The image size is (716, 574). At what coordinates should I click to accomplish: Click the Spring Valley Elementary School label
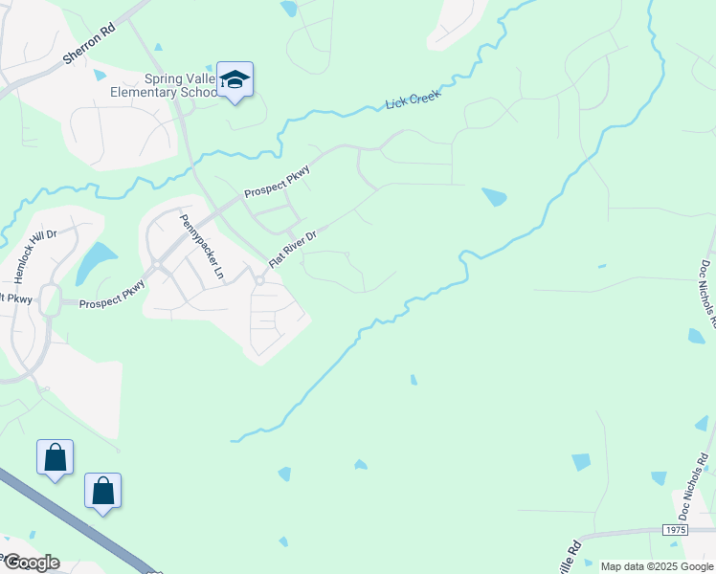click(x=179, y=85)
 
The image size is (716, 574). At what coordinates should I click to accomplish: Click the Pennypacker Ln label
click(x=201, y=247)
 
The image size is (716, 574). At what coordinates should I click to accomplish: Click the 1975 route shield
click(x=674, y=529)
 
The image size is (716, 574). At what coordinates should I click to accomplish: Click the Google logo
click(x=31, y=563)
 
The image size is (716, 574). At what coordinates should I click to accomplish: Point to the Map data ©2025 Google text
click(x=656, y=566)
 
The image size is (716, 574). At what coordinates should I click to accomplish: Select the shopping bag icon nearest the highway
click(x=103, y=492)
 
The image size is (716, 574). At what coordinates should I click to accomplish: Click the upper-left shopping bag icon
click(x=56, y=458)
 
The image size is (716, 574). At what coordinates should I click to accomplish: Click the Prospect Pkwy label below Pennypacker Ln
click(x=113, y=296)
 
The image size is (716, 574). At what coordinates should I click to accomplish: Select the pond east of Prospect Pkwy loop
click(x=494, y=197)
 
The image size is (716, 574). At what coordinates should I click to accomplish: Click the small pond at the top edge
click(x=288, y=9)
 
